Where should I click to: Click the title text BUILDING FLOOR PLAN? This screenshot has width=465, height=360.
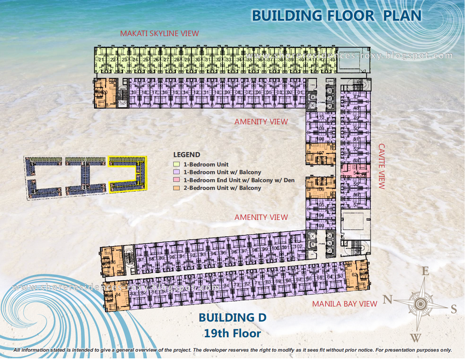coord(336,16)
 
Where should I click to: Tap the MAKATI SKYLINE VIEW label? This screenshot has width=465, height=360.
coord(159,33)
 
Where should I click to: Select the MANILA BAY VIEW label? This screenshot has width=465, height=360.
coord(344,304)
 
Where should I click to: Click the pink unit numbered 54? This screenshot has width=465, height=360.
coord(355,171)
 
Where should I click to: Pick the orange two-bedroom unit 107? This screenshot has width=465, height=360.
coord(321,154)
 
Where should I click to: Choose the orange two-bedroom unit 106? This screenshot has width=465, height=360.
coord(321,188)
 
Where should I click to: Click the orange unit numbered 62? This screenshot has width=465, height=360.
coord(357,275)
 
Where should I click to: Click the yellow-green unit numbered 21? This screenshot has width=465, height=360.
coord(101,60)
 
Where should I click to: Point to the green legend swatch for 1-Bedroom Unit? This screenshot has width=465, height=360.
coord(176,164)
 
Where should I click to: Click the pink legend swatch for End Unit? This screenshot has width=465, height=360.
coord(176,180)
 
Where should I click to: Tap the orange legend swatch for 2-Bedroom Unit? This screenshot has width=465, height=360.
coord(176,188)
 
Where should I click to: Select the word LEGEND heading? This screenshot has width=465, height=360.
coord(186,155)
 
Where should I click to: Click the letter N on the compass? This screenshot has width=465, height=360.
coord(387,299)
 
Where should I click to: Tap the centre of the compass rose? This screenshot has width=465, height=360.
coord(421,304)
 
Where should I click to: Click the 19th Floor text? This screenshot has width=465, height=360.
coord(232,333)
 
